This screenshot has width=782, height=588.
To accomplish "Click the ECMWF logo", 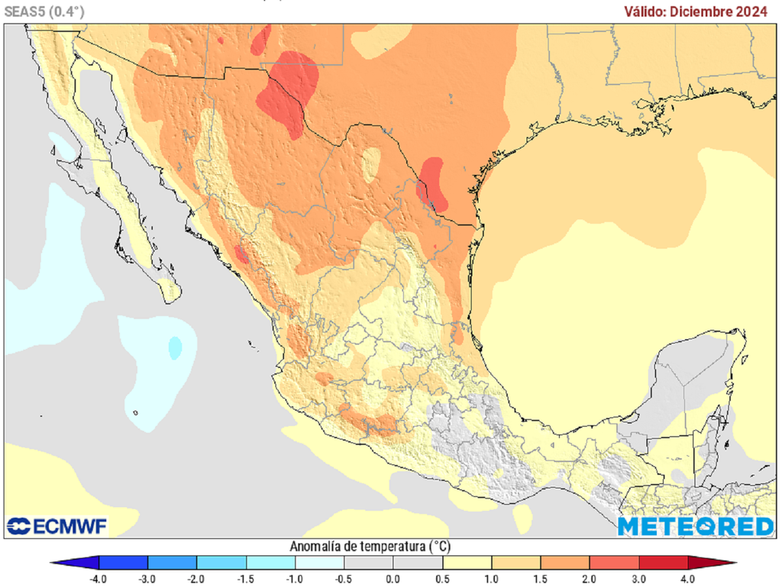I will pyautogui.click(x=57, y=526).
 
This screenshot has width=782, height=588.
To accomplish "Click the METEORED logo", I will pyautogui.click(x=695, y=526).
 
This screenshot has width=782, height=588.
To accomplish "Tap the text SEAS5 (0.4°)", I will pyautogui.click(x=44, y=11).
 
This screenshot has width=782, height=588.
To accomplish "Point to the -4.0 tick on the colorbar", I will pyautogui.click(x=99, y=578).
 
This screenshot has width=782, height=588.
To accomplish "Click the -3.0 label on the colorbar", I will pyautogui.click(x=147, y=578).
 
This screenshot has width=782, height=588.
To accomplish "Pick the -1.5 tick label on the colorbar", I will pyautogui.click(x=246, y=578).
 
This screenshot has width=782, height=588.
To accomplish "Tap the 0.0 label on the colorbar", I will pyautogui.click(x=393, y=578).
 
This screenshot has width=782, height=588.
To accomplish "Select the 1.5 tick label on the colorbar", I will pyautogui.click(x=541, y=578).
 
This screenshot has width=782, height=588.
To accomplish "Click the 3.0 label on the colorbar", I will pyautogui.click(x=639, y=578).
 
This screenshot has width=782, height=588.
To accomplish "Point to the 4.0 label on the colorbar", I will pyautogui.click(x=688, y=578).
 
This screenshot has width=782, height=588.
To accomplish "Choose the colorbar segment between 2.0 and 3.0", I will pyautogui.click(x=614, y=564).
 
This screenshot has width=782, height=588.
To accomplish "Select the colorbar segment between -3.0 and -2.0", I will pyautogui.click(x=172, y=564).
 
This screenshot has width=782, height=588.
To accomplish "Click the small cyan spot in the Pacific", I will pyautogui.click(x=175, y=347).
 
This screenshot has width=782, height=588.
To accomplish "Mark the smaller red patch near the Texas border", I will pyautogui.click(x=433, y=183).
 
